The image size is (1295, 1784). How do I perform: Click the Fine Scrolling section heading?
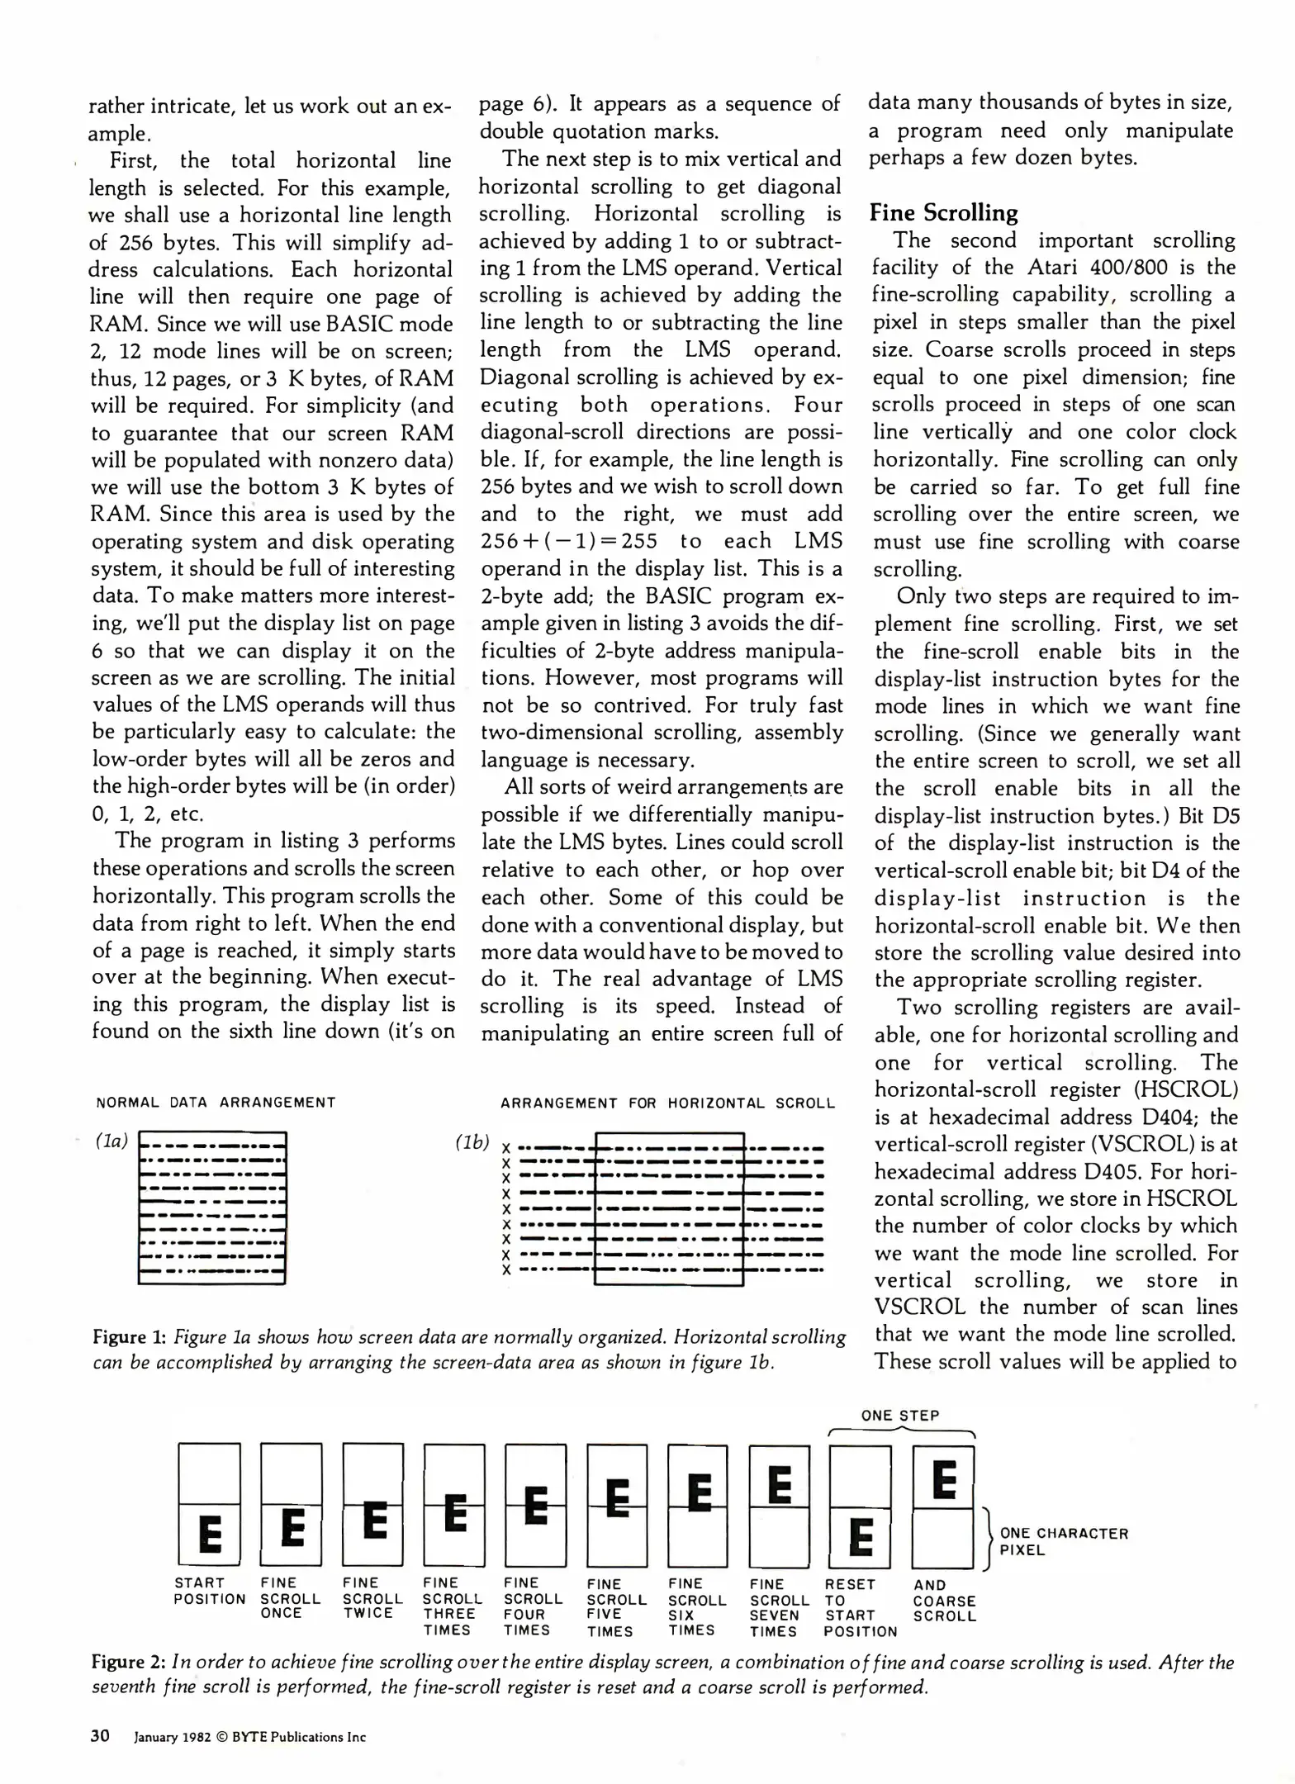[943, 213]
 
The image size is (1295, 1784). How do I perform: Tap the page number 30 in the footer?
[100, 1735]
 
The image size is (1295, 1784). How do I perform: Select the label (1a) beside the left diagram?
[111, 1141]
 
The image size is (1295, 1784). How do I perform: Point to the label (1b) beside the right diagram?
[472, 1141]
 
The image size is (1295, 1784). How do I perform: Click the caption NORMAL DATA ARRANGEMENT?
[216, 1103]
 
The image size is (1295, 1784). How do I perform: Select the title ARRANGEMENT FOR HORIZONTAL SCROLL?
[667, 1103]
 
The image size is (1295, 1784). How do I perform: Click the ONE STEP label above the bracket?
[900, 1416]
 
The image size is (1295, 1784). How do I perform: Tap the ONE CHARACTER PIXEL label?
[1064, 1542]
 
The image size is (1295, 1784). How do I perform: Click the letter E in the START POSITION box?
[210, 1535]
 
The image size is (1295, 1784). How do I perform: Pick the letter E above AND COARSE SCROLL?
[944, 1479]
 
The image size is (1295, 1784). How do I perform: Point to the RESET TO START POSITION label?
[860, 1607]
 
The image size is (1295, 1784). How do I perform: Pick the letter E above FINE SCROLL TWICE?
[374, 1520]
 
